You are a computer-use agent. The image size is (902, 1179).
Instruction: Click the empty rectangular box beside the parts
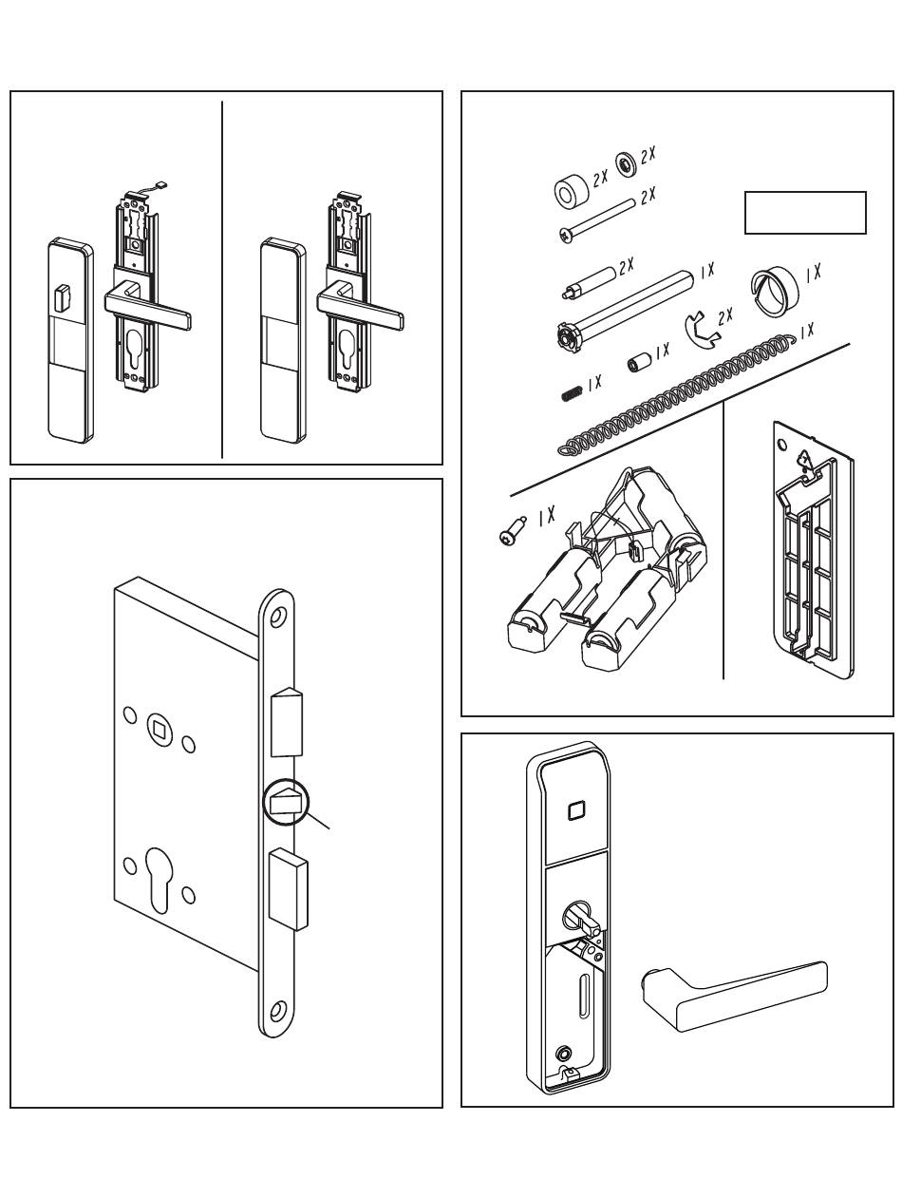(804, 212)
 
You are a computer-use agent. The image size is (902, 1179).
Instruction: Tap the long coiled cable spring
(675, 395)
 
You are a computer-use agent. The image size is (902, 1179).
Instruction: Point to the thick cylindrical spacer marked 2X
(572, 192)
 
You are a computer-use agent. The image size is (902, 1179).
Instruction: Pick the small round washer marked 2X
(626, 162)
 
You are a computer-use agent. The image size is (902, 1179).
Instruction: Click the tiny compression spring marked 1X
(572, 394)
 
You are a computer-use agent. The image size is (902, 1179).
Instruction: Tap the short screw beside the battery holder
(511, 531)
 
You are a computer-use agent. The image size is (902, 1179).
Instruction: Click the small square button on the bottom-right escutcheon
(574, 810)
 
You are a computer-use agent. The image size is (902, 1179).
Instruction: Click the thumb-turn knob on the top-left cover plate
(63, 297)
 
